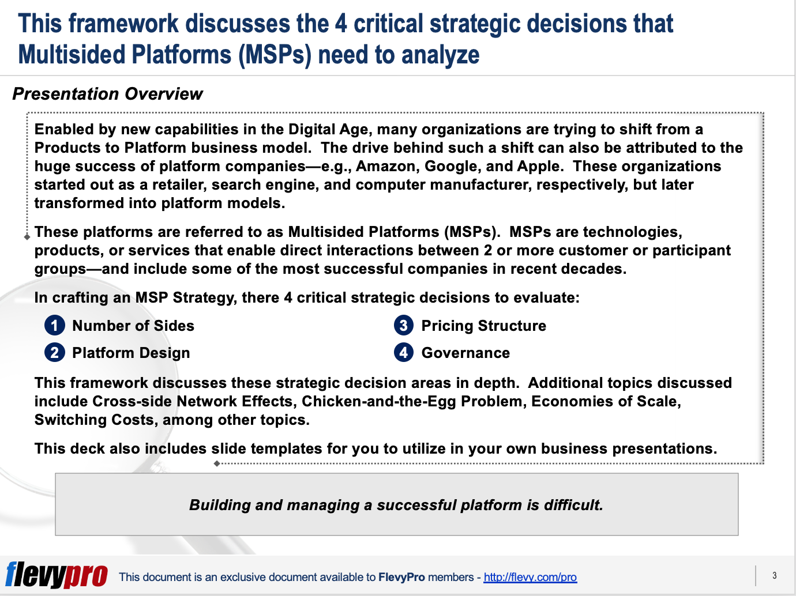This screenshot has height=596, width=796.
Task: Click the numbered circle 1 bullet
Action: (54, 326)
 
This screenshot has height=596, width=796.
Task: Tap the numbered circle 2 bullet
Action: (54, 353)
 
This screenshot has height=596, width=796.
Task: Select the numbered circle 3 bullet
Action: (404, 326)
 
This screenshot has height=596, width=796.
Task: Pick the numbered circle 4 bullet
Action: (404, 353)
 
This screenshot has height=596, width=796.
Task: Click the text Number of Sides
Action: (133, 326)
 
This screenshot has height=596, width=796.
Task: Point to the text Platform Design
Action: (131, 353)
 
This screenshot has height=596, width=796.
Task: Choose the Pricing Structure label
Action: (483, 326)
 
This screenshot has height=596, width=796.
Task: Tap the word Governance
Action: (465, 353)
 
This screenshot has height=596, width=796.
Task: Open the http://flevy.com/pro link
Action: (530, 577)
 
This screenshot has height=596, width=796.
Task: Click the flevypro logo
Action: (57, 575)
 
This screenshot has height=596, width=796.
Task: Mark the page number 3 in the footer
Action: (774, 575)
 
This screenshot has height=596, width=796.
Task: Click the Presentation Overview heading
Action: (108, 94)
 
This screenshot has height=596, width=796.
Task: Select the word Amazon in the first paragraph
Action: (387, 167)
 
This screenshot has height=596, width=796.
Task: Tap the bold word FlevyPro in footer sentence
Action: (401, 577)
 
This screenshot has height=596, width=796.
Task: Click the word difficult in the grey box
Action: (571, 505)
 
